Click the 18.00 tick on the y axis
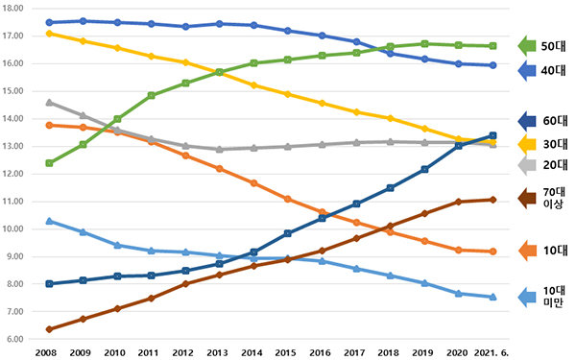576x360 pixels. (12, 8)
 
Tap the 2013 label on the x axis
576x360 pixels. (218, 353)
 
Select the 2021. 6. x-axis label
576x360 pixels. (492, 353)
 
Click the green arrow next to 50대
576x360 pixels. (527, 46)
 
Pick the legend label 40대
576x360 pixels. (553, 70)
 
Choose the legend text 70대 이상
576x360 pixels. (554, 198)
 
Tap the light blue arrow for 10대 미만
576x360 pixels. (527, 298)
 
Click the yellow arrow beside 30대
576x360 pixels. (527, 144)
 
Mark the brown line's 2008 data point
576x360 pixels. (49, 329)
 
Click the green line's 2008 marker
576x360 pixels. (49, 163)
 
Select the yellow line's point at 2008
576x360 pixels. (49, 34)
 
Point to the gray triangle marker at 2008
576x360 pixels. (49, 103)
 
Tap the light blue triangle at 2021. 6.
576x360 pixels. (493, 297)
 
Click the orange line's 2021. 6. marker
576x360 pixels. (493, 252)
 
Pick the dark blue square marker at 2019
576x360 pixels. (424, 169)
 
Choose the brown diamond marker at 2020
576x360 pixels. (459, 202)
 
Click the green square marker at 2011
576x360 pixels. (152, 95)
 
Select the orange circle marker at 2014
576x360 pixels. (253, 183)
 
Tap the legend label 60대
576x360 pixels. (555, 121)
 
